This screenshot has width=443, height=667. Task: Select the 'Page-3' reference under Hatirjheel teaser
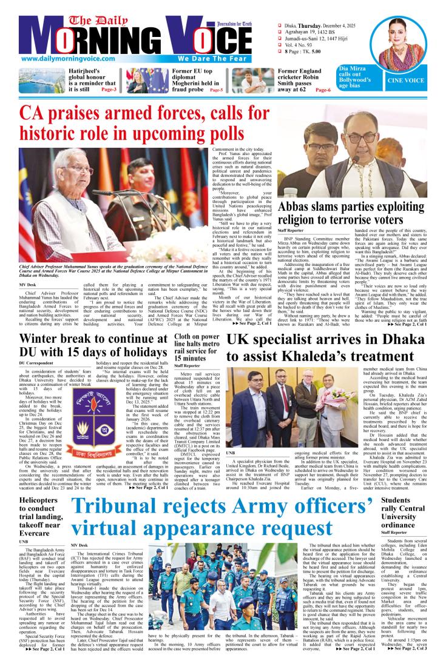click(x=109, y=89)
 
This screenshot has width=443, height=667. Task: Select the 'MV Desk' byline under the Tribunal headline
click(x=79, y=545)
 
